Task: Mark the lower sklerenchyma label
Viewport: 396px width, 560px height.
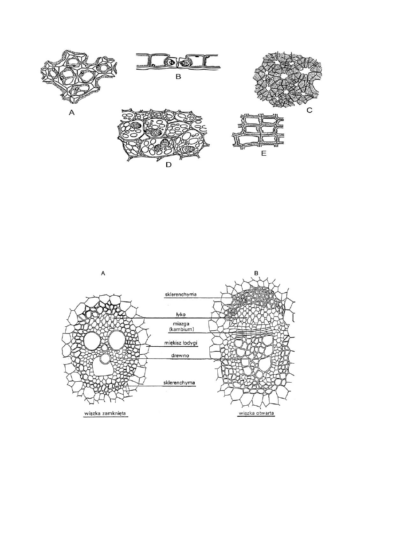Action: point(180,382)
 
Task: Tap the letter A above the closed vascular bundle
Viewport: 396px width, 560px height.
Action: point(103,274)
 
